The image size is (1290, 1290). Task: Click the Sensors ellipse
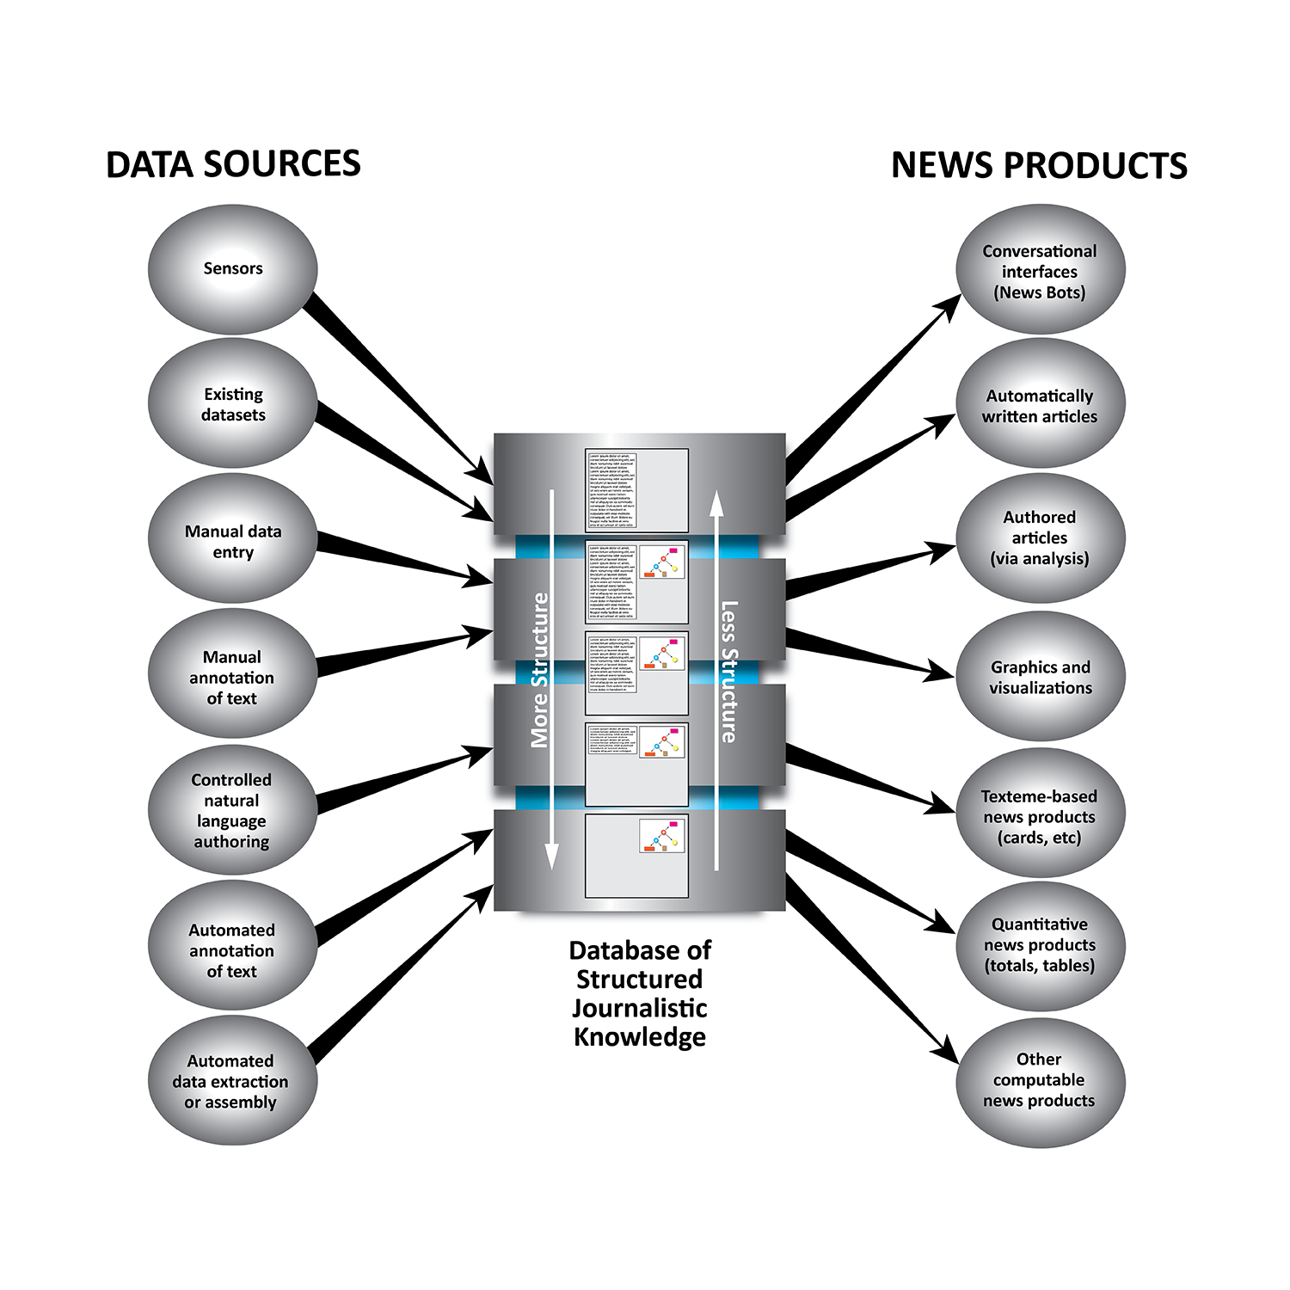[x=232, y=269]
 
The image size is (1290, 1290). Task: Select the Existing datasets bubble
[x=232, y=404]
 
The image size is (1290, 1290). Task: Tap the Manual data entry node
[x=232, y=540]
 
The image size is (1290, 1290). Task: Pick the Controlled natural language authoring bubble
[x=232, y=810]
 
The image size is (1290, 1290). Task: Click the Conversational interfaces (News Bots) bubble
[x=1041, y=271]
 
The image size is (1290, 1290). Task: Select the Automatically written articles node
[x=1041, y=405]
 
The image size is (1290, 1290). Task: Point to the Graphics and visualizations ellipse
[x=1041, y=677]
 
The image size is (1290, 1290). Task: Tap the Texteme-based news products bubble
[x=1041, y=815]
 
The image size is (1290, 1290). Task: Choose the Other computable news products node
[x=1041, y=1080]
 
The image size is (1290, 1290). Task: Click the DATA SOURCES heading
[x=233, y=164]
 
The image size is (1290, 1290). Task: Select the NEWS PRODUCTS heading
[x=1039, y=166]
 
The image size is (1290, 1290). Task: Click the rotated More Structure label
[x=539, y=670]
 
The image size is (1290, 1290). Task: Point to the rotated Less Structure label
[x=728, y=672]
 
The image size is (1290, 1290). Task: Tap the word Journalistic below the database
[x=640, y=1008]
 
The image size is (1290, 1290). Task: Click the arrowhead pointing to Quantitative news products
[x=944, y=925]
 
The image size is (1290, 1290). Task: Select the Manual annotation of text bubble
[x=232, y=677]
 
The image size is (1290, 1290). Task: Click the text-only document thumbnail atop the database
[x=636, y=489]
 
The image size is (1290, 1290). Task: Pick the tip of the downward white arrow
[x=552, y=865]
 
